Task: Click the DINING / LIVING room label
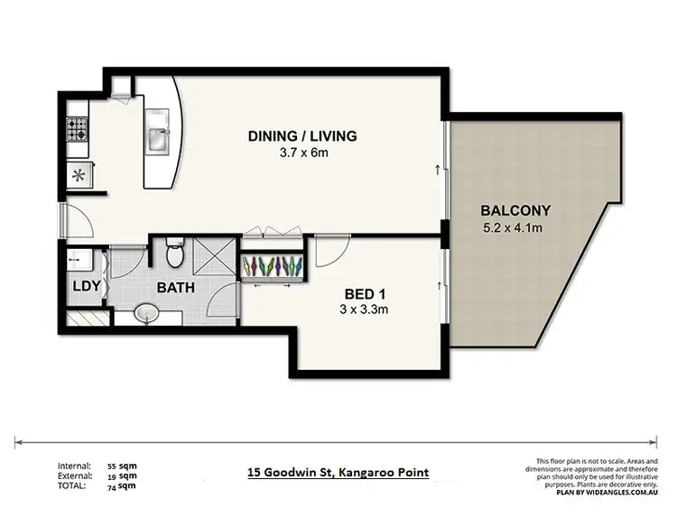303,136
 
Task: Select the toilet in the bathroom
177,255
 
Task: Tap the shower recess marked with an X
214,256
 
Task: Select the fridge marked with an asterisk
79,174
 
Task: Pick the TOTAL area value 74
113,485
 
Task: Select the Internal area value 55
113,466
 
